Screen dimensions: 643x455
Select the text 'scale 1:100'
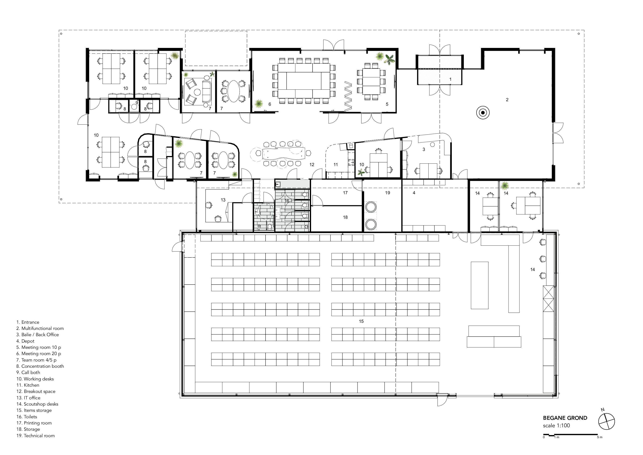[x=556, y=426]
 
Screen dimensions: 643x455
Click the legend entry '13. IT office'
[x=28, y=398]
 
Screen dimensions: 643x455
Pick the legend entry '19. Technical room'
[x=36, y=436]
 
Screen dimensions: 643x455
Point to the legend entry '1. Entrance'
[x=28, y=322]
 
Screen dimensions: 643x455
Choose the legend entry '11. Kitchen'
[x=28, y=385]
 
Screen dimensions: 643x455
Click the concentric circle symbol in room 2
[x=483, y=113]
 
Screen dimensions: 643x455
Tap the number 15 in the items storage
[x=361, y=321]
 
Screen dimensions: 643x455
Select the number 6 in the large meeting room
[x=270, y=104]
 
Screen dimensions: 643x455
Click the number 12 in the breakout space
[x=312, y=165]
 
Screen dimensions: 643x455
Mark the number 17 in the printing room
[x=345, y=193]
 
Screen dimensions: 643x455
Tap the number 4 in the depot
[x=414, y=193]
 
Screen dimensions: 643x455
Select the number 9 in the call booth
[x=137, y=103]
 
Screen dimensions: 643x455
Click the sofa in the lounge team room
[x=207, y=91]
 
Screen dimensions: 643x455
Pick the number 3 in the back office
[x=424, y=150]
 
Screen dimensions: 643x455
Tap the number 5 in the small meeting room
[x=387, y=104]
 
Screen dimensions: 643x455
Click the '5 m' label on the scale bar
[x=599, y=437]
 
